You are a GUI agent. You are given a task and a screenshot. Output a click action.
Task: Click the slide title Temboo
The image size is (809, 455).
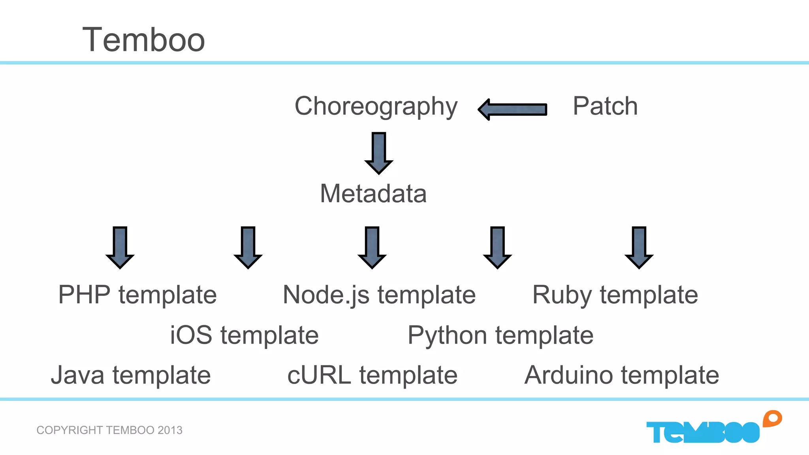(143, 40)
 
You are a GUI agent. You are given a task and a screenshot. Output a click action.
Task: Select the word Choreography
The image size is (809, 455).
(376, 106)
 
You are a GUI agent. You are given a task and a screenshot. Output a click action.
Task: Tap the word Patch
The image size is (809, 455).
(605, 106)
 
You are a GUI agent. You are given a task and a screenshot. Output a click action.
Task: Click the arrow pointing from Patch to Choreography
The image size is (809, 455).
(512, 109)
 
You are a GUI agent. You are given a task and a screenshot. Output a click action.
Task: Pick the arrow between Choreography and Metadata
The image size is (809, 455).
(378, 153)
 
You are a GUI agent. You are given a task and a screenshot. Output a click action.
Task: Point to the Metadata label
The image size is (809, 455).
(373, 194)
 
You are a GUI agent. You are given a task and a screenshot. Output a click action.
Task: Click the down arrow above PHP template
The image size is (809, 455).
(120, 247)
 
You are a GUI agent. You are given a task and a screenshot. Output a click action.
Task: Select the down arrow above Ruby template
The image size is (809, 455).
(639, 247)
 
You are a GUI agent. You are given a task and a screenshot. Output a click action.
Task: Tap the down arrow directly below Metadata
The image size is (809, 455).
(372, 247)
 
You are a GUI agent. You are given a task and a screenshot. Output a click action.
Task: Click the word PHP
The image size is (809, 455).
(84, 295)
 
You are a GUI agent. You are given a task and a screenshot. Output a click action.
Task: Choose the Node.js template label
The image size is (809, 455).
(379, 295)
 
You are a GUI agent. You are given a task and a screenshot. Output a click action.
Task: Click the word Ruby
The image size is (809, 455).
(562, 295)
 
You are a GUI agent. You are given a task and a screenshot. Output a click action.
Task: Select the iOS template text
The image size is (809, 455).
(244, 335)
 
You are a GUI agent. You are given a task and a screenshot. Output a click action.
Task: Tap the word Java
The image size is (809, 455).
(77, 375)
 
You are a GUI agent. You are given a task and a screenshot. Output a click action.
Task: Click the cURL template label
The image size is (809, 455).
(372, 375)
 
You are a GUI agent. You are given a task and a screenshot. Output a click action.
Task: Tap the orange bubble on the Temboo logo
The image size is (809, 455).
(772, 419)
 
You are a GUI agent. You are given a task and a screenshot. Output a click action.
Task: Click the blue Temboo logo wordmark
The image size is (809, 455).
(702, 432)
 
